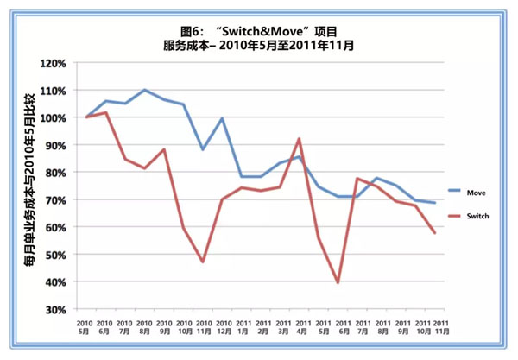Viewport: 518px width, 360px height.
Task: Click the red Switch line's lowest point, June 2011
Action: point(338,282)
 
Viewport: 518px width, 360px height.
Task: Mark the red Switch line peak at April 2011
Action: point(299,138)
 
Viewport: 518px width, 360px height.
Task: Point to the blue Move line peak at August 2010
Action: point(144,90)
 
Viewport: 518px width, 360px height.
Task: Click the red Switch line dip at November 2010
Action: point(203,262)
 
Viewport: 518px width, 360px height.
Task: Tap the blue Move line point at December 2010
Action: point(223,118)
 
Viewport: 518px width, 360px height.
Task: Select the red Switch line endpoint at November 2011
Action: point(434,233)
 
